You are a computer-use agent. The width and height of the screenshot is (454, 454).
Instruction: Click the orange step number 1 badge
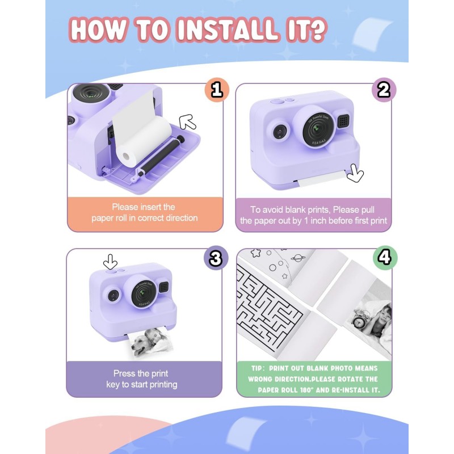pyautogui.click(x=217, y=90)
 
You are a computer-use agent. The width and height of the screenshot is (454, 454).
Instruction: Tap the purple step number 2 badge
pyautogui.click(x=384, y=90)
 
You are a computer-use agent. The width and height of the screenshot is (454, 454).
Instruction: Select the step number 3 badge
pyautogui.click(x=216, y=258)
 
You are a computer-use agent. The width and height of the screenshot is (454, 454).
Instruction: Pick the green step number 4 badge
pyautogui.click(x=385, y=258)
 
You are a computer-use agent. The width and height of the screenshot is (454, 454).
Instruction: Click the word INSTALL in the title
pyautogui.click(x=226, y=30)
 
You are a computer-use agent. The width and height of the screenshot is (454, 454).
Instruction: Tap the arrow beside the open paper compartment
pyautogui.click(x=187, y=122)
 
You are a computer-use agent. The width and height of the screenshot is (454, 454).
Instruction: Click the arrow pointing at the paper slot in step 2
pyautogui.click(x=355, y=173)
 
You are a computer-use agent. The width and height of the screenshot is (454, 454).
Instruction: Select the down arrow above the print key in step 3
pyautogui.click(x=110, y=262)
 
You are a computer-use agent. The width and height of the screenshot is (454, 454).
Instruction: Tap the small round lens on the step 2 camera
pyautogui.click(x=280, y=132)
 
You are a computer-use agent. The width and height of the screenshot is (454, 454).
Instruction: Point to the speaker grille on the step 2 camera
pyautogui.click(x=344, y=121)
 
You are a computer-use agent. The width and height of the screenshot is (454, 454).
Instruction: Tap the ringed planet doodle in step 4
pyautogui.click(x=297, y=258)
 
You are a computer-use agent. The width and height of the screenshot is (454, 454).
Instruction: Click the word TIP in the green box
pyautogui.click(x=257, y=368)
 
